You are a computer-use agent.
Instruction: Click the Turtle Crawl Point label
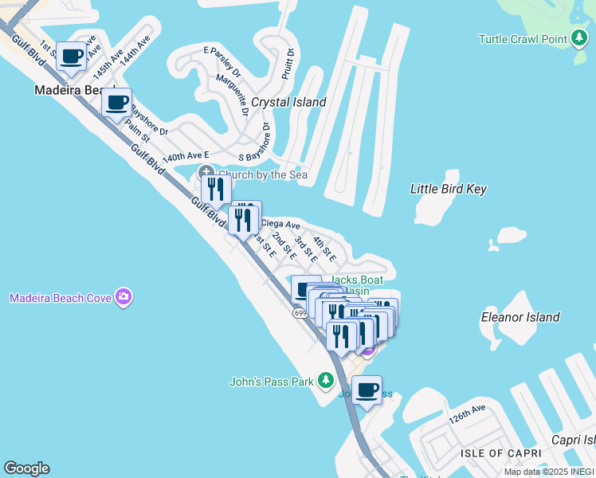point(523,39)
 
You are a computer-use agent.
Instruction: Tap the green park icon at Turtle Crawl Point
point(580,39)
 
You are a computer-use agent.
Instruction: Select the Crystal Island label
point(288,102)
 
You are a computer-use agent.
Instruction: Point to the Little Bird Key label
point(448,189)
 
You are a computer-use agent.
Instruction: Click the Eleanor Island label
point(520,317)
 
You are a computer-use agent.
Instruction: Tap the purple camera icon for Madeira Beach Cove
point(123,298)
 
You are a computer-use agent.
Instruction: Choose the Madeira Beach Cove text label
point(59,299)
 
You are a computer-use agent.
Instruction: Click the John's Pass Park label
point(271,382)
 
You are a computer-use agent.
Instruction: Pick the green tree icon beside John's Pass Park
point(325,381)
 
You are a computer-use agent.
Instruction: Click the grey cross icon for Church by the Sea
point(206,173)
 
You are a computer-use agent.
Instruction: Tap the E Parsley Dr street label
point(222,55)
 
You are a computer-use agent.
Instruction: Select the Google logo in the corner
point(26,468)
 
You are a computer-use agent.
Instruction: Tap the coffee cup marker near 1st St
point(72,57)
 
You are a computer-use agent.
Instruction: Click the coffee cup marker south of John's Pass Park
point(367,390)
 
